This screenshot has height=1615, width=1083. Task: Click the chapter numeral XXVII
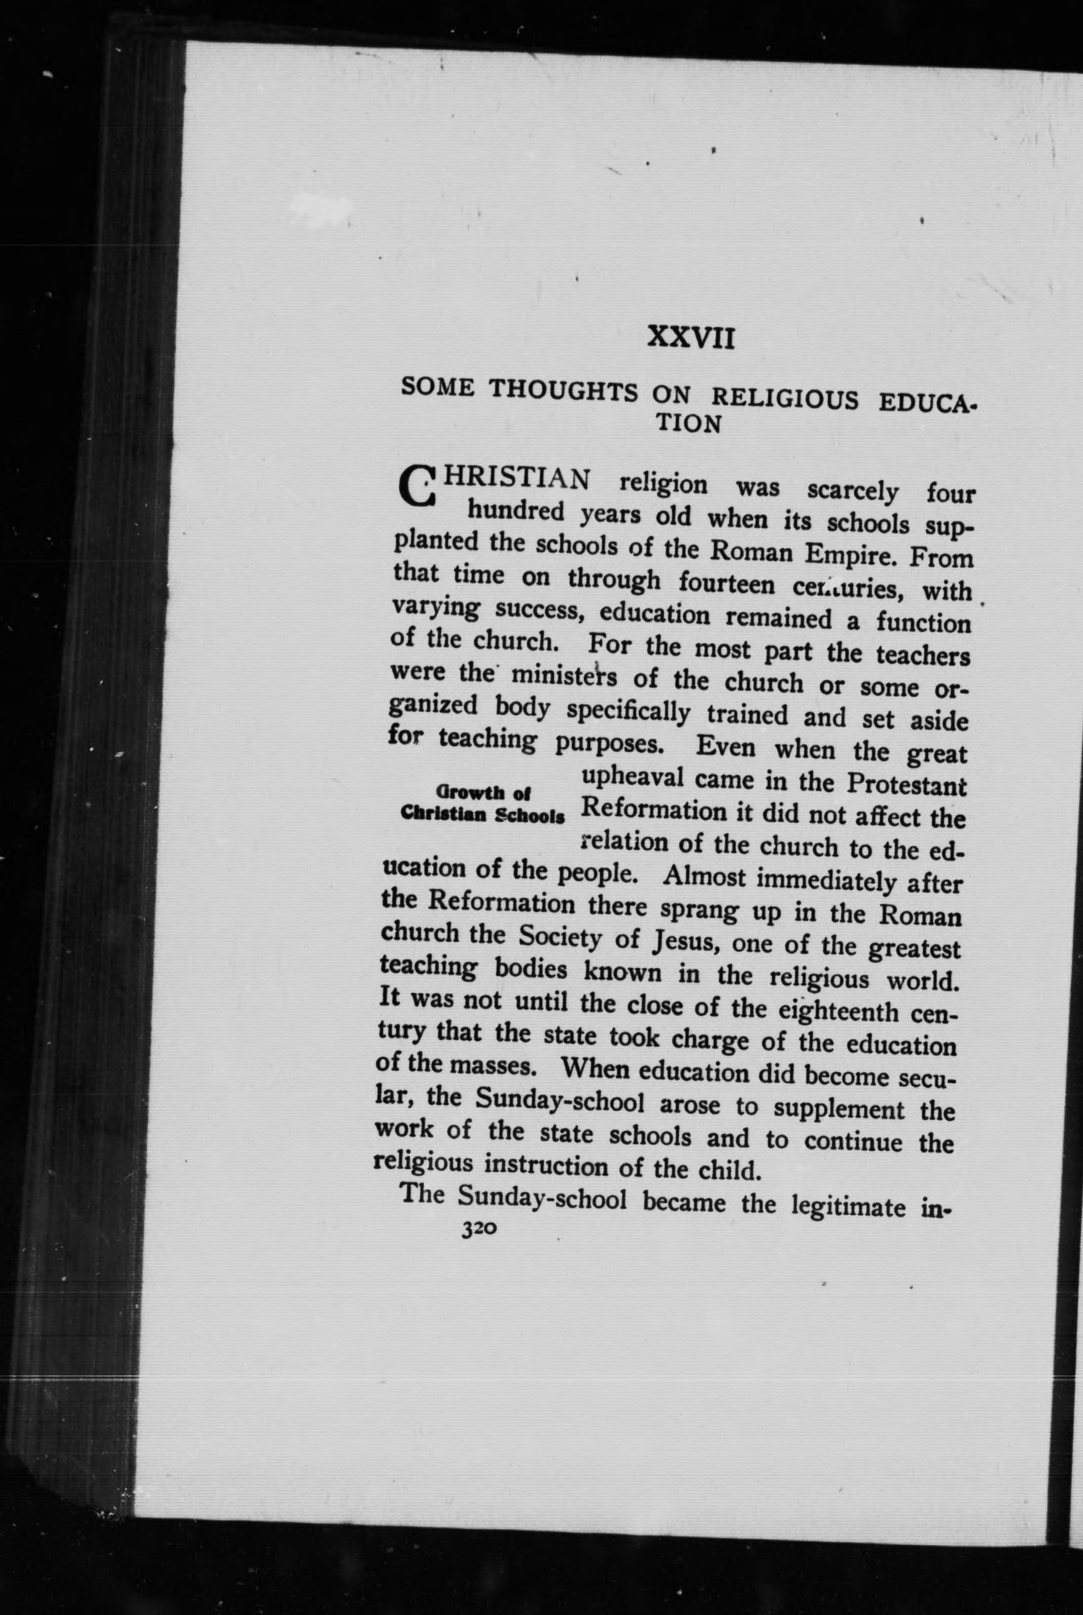pyautogui.click(x=691, y=339)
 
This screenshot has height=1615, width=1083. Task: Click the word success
pyautogui.click(x=538, y=611)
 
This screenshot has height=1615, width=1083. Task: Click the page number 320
pyautogui.click(x=478, y=1229)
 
